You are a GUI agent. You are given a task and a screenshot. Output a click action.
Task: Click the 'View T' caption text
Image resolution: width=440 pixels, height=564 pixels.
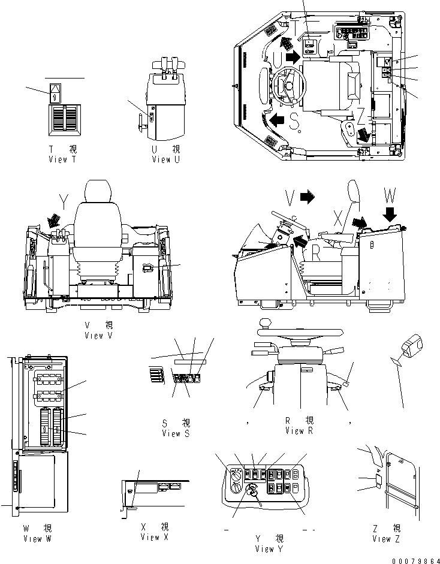click(x=62, y=159)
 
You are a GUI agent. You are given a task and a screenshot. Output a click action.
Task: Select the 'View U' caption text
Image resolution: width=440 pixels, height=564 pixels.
click(x=166, y=159)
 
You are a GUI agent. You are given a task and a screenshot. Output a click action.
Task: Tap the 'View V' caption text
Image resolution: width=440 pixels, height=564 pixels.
click(x=99, y=336)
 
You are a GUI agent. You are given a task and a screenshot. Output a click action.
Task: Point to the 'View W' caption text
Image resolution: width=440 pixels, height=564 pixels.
click(x=37, y=538)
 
